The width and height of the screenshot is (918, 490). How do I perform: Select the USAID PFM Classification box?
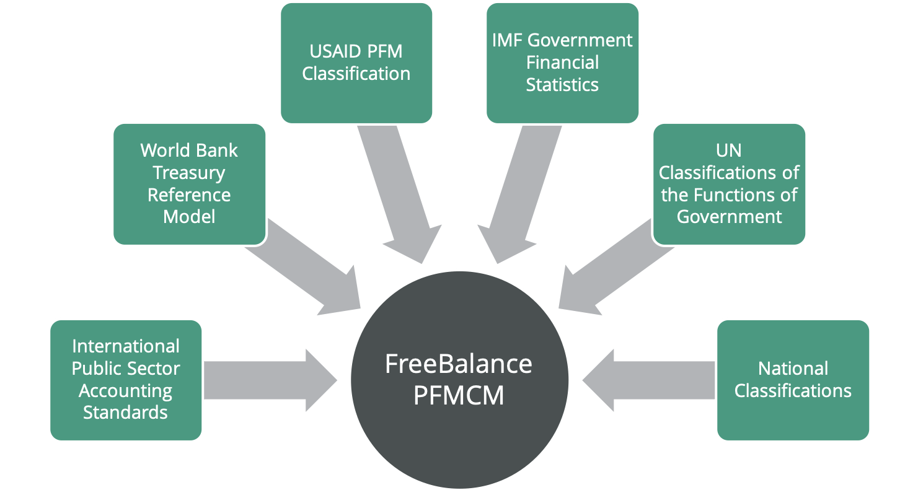pos(356,63)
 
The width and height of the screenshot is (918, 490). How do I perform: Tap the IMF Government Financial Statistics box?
pos(562,63)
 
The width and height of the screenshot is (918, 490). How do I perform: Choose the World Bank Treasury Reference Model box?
pos(189,183)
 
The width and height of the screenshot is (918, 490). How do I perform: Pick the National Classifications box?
pos(793,380)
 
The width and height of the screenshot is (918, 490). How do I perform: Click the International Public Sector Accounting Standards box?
pos(126,380)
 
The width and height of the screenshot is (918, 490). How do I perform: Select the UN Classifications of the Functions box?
pos(729,183)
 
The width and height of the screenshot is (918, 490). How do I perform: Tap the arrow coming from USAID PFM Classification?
pos(403,198)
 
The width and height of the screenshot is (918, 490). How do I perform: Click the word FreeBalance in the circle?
pos(459,364)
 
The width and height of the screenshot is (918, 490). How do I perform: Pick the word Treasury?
pos(189,172)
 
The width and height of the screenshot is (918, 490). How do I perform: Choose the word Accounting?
pos(126,391)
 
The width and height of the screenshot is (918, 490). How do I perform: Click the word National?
pos(793,369)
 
